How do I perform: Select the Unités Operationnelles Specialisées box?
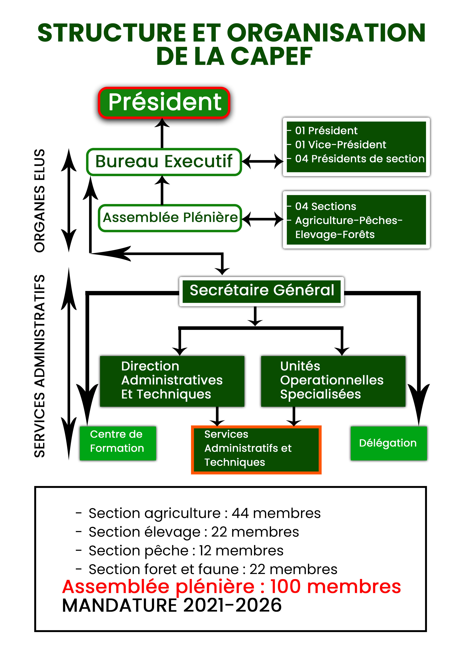(x=333, y=381)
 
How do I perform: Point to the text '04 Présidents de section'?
(x=360, y=159)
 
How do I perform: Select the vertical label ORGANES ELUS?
(x=39, y=201)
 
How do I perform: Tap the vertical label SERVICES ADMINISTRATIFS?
(x=39, y=366)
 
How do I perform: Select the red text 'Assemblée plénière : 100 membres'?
(x=232, y=587)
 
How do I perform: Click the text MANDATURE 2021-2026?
(x=172, y=606)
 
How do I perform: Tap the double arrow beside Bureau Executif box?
(x=262, y=162)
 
